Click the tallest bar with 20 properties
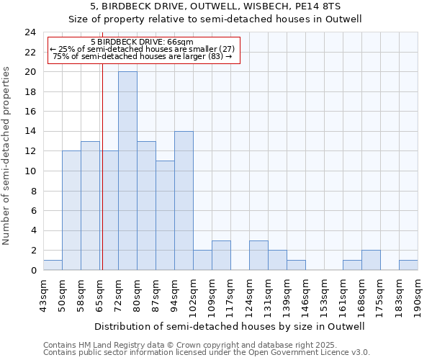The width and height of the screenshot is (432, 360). coord(127,171)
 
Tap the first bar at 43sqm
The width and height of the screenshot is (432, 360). coord(53,265)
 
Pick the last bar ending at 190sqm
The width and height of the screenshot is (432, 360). coord(408,265)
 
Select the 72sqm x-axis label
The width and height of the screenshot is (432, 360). coord(119,294)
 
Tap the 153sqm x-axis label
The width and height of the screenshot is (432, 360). coord(325,294)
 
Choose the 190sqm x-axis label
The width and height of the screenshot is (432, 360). coord(418,294)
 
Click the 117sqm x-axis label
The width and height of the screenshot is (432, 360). coord(231,294)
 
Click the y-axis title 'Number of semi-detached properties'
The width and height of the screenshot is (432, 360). coord(7,156)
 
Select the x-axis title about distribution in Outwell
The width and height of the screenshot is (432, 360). coord(230,326)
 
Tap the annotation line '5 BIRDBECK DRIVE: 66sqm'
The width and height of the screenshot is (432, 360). coord(142,42)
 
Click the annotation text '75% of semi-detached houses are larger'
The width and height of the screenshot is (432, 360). coord(143,56)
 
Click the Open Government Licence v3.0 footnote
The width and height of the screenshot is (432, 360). coord(206,353)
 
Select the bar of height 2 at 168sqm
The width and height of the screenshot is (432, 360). coord(371,260)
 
